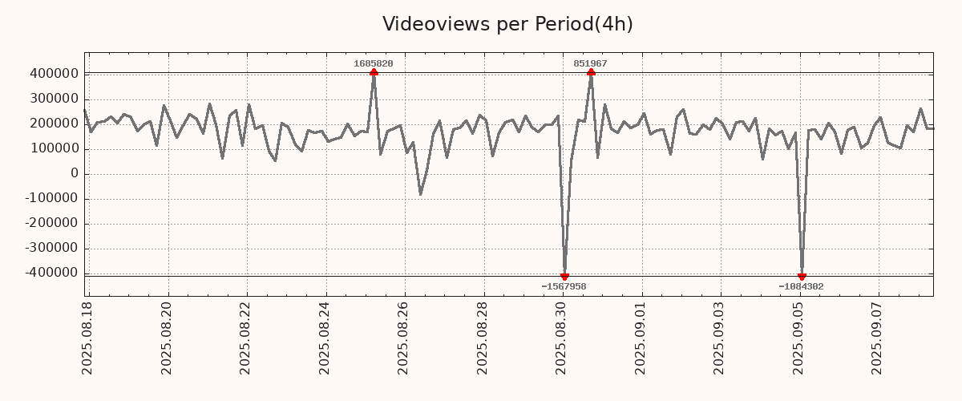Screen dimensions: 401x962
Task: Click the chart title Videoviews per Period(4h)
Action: click(507, 24)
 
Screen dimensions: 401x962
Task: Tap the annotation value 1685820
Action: click(374, 63)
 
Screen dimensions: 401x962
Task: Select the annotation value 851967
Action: click(590, 63)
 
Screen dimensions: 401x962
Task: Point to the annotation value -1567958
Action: click(564, 286)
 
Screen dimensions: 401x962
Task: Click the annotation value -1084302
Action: click(801, 286)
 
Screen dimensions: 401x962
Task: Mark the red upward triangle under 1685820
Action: click(374, 73)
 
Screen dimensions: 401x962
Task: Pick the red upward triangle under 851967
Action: click(591, 73)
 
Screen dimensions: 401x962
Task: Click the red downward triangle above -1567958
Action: click(564, 277)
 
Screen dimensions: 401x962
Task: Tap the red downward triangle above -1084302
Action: click(802, 277)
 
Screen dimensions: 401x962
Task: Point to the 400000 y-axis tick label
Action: click(53, 74)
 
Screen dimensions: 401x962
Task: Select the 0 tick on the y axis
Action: click(75, 173)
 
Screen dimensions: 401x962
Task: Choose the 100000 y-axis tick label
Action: click(53, 148)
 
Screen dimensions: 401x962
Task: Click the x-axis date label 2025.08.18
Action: click(87, 338)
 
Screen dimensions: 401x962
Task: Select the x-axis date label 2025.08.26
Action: click(404, 338)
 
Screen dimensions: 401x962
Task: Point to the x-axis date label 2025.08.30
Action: click(563, 338)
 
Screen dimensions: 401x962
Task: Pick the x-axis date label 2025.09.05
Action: click(800, 338)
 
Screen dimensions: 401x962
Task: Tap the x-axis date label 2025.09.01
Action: click(641, 338)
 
